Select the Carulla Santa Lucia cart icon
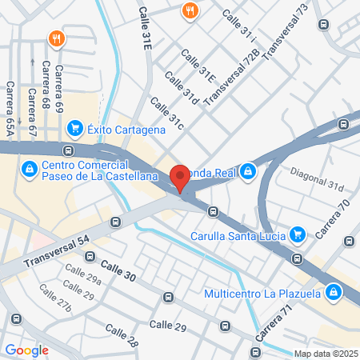coord(298,234)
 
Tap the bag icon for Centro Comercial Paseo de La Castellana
coord(30,169)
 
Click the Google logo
coord(26,350)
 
